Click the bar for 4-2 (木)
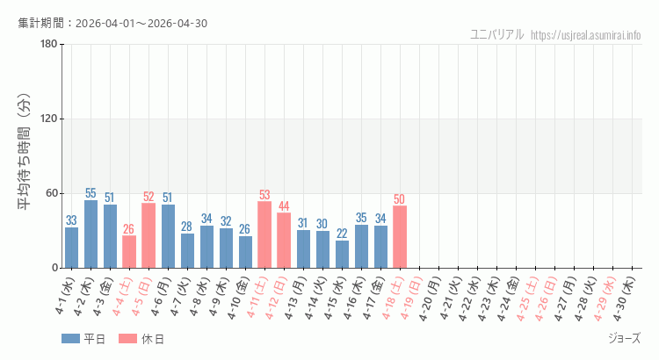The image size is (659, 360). [x=91, y=234]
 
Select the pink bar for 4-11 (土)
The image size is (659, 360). [x=264, y=234]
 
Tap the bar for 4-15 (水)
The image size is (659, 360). [x=342, y=254]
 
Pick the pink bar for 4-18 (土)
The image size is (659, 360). [x=400, y=236]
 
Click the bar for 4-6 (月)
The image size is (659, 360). [x=168, y=236]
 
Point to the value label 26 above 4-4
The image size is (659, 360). [x=129, y=229]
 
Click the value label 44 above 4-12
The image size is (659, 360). [x=284, y=206]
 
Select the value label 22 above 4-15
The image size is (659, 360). [x=342, y=234]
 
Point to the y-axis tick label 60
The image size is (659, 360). [x=51, y=193]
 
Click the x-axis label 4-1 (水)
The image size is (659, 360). [x=64, y=299]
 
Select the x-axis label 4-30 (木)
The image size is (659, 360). [x=625, y=299]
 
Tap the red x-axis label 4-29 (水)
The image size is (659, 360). [x=605, y=299]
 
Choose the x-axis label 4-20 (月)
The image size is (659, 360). [x=431, y=299]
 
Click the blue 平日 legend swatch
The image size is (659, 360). [x=70, y=339]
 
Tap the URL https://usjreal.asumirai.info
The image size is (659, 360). [x=586, y=35]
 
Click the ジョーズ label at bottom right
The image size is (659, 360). [x=624, y=338]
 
